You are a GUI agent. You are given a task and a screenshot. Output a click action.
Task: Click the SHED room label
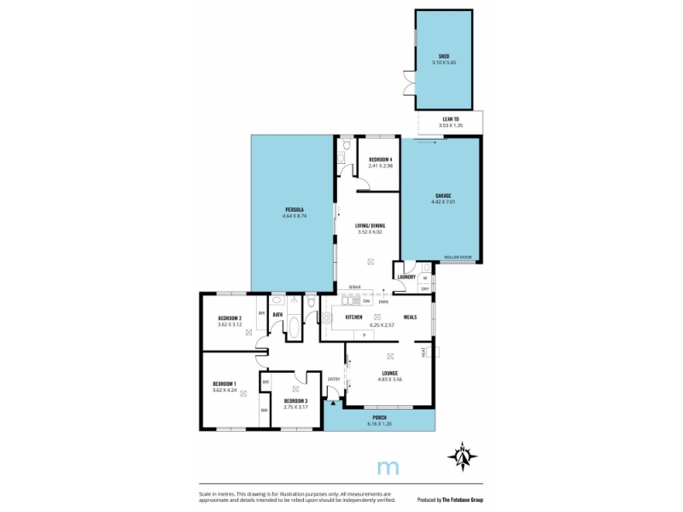tap(443, 55)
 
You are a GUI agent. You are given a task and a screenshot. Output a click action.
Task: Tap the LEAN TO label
tap(451, 119)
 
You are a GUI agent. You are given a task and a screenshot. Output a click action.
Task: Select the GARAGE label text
tap(442, 195)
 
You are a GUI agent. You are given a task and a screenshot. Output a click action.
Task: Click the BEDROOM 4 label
tap(380, 160)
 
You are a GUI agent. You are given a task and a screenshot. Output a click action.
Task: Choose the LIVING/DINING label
tap(371, 225)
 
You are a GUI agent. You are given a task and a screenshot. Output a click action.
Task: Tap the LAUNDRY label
tap(406, 276)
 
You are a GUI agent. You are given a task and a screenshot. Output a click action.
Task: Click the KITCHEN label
tap(354, 317)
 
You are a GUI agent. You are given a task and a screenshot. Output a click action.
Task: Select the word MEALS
tap(410, 317)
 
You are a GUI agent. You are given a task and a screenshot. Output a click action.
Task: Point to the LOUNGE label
tap(389, 373)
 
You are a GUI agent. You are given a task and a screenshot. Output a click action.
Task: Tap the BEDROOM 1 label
tap(224, 384)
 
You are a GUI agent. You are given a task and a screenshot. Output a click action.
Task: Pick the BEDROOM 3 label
tap(295, 400)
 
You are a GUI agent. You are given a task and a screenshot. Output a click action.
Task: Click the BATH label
tap(277, 315)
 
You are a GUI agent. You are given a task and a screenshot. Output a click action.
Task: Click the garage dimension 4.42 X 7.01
tap(442, 202)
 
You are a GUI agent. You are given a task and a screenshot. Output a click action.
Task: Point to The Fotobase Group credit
tap(463, 499)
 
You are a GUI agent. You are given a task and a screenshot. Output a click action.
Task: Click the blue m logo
tap(388, 467)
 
